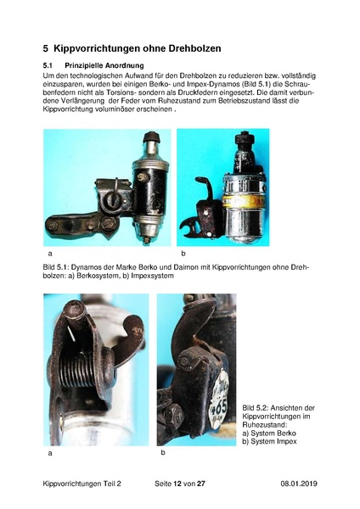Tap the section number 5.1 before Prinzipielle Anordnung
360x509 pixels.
(48, 65)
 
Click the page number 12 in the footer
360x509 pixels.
(177, 484)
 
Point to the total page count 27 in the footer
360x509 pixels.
(201, 484)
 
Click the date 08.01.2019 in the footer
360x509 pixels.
(299, 484)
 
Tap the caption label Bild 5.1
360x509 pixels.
(55, 267)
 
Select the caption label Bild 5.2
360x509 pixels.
(255, 408)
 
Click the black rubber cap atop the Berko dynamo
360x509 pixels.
(151, 137)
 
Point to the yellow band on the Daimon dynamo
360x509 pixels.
(244, 200)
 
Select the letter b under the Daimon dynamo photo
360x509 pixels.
(183, 254)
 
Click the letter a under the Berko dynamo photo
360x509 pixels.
(50, 254)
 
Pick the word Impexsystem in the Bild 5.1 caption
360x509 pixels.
(153, 276)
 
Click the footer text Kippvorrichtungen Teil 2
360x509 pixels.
(82, 484)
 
